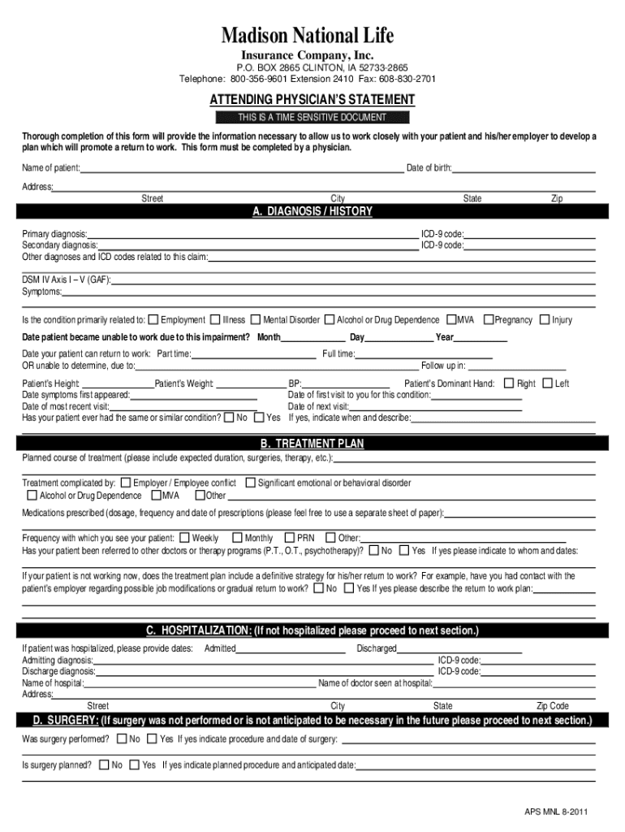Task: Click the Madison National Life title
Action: click(312, 37)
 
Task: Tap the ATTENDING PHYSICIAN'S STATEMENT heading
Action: click(312, 100)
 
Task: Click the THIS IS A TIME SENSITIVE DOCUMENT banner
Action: click(312, 118)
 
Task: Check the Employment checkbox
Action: click(154, 319)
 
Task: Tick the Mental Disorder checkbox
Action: click(256, 319)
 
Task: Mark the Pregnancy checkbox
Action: click(489, 319)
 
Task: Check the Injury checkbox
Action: click(545, 319)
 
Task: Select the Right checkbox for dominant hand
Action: click(509, 383)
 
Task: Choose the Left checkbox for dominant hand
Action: click(547, 383)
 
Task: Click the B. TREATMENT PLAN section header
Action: click(312, 444)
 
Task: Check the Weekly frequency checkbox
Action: click(184, 537)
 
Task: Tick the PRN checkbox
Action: click(290, 537)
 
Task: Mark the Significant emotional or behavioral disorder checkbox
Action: click(250, 483)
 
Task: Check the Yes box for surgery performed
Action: click(152, 739)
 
